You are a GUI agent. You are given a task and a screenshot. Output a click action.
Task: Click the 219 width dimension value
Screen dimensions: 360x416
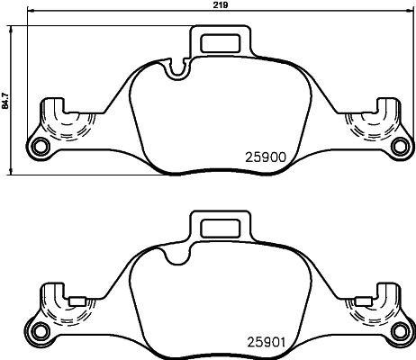(219, 5)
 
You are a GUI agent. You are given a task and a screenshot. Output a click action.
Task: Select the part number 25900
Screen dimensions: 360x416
(266, 155)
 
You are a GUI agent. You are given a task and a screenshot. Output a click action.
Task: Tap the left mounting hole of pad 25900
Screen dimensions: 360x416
(38, 148)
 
